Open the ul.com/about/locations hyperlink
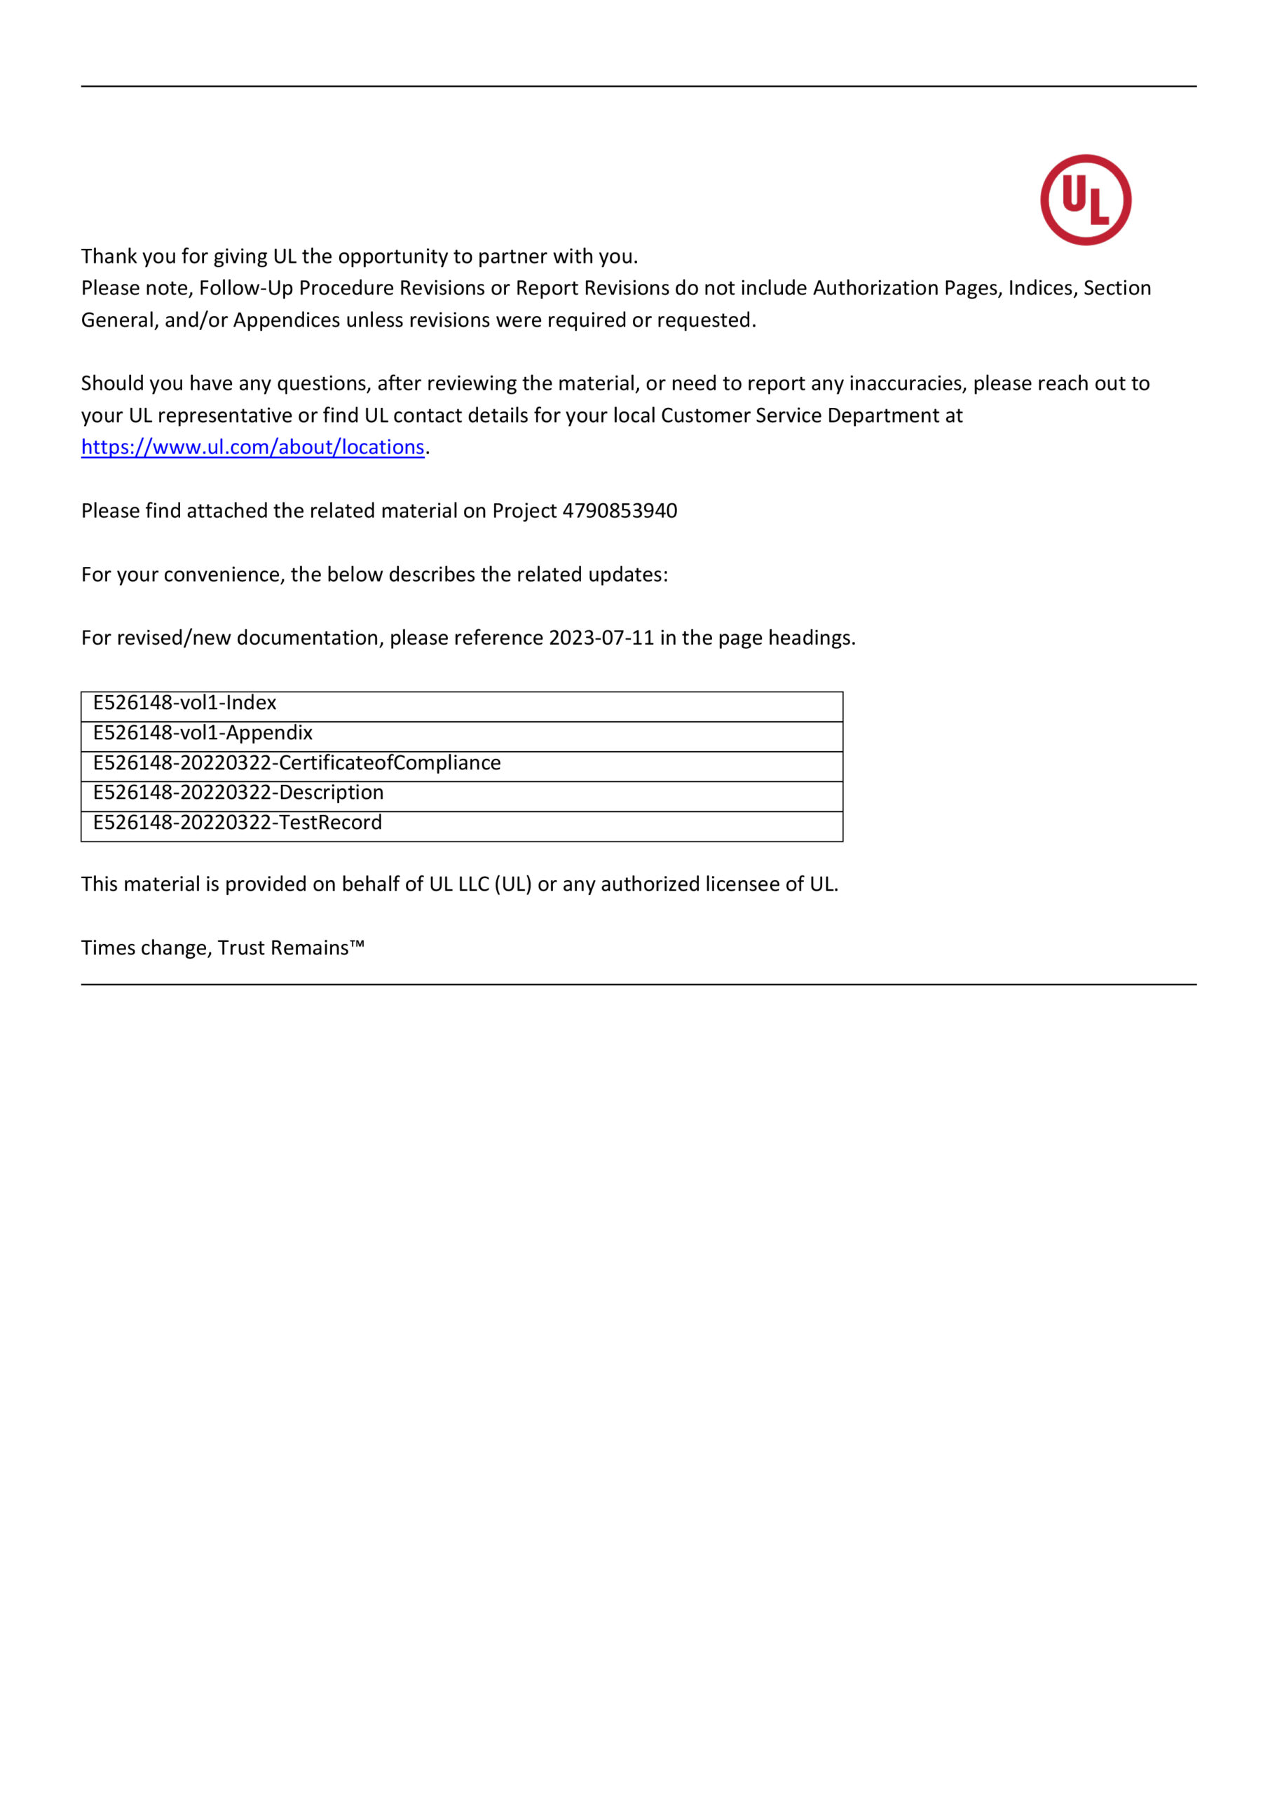coord(252,447)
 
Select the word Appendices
coord(286,320)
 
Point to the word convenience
coord(221,575)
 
